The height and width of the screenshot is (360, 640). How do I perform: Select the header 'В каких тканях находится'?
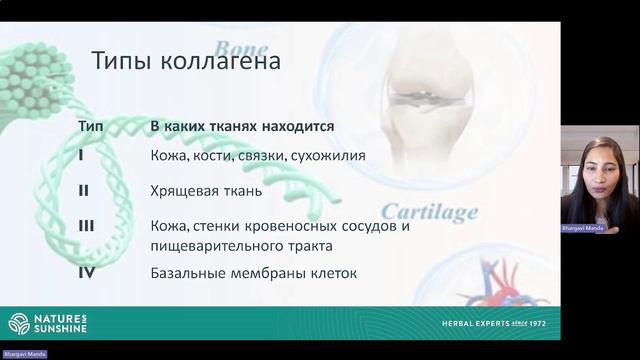point(242,128)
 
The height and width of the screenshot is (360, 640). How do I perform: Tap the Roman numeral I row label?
point(81,156)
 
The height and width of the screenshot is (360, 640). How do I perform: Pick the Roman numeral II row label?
point(84,189)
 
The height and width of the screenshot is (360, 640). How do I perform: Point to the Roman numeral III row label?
point(86,226)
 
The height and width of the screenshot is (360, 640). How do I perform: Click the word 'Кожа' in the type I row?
point(168,156)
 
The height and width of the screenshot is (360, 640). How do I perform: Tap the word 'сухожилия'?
point(331,156)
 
